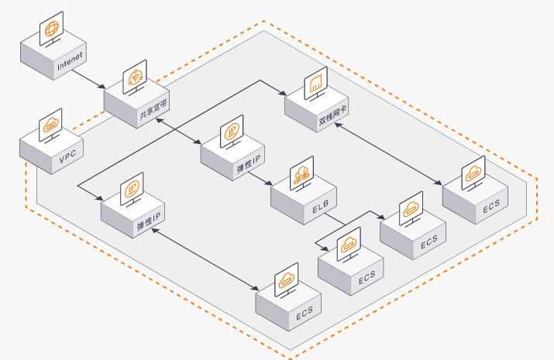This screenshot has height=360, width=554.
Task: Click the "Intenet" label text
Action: point(70,60)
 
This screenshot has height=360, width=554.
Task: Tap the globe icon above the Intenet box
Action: point(51,29)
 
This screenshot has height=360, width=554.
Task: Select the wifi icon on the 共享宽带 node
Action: point(135,77)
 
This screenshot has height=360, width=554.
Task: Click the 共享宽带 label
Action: point(153,110)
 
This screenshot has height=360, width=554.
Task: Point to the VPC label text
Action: point(67,156)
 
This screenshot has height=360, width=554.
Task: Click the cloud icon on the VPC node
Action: point(50,125)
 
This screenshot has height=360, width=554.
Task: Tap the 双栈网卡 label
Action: point(332,115)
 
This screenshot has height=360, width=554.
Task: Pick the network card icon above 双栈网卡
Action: point(315,84)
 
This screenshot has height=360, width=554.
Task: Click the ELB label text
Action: point(321,207)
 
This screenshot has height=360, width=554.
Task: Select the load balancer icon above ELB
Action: point(301,173)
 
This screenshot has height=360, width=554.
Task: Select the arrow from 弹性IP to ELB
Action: point(260,179)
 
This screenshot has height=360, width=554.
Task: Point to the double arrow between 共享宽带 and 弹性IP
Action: point(179,132)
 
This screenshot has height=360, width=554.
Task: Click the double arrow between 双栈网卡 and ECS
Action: point(388,154)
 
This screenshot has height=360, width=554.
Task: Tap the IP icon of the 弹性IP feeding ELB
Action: point(232,132)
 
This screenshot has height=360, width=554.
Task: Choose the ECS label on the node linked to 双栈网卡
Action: point(491,206)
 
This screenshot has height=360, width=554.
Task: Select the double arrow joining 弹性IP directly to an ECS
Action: point(205,259)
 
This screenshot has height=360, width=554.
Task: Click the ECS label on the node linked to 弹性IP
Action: point(305,314)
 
